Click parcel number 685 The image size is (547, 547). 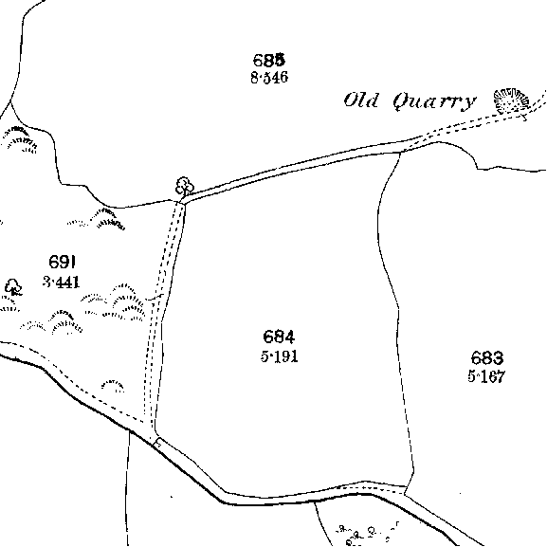pos(269,60)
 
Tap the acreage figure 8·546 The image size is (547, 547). pos(269,78)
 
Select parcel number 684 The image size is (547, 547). pos(279,337)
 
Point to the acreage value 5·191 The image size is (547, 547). pos(279,356)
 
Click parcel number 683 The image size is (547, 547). pos(487,358)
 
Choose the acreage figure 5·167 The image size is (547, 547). pos(486,376)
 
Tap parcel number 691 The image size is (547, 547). pos(63,262)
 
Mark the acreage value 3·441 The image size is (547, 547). pos(62,282)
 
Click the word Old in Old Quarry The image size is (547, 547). pos(361,100)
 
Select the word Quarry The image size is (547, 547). pos(434,101)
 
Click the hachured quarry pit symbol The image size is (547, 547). pos(511,100)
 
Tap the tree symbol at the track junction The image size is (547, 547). pos(184,187)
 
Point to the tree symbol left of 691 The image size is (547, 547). pos(13,286)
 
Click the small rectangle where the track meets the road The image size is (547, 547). pos(157,443)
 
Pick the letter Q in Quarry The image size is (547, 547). pos(402,101)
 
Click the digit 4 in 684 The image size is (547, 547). pos(289,337)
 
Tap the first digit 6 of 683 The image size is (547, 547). pos(476,358)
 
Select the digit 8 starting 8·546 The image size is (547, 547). pos(255,78)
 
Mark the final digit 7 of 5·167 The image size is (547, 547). pos(501,376)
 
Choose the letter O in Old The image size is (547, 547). pos(350,100)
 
